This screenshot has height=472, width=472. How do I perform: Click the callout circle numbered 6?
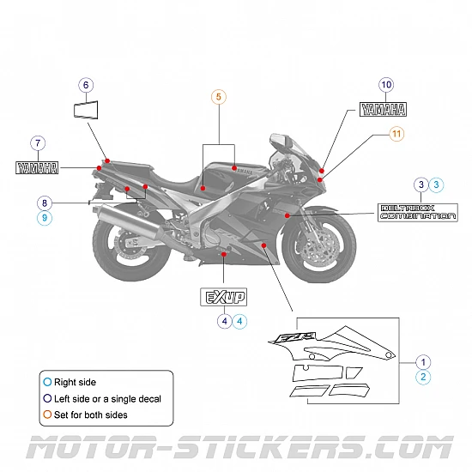[x=86, y=85]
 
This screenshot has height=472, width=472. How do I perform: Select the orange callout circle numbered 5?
[x=219, y=98]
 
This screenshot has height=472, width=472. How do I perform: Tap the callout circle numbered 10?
[x=386, y=85]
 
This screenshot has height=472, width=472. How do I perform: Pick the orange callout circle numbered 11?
[x=396, y=134]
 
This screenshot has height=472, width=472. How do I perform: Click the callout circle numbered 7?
[x=37, y=143]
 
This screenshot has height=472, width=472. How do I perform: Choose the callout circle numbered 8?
[x=45, y=203]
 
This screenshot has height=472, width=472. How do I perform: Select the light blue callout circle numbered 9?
[x=45, y=219]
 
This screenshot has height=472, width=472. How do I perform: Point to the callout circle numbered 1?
[x=423, y=361]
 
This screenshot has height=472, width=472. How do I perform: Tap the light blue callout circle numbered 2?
[x=423, y=377]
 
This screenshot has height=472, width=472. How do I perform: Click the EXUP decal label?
[x=224, y=298]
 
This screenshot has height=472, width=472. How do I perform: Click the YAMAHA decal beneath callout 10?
[x=383, y=109]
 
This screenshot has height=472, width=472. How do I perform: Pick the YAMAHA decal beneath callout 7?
[x=37, y=167]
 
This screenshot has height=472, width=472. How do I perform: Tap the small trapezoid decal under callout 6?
[x=86, y=112]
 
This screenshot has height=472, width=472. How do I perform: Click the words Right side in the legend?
[x=76, y=381]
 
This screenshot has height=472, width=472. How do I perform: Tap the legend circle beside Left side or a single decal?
[x=47, y=398]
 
